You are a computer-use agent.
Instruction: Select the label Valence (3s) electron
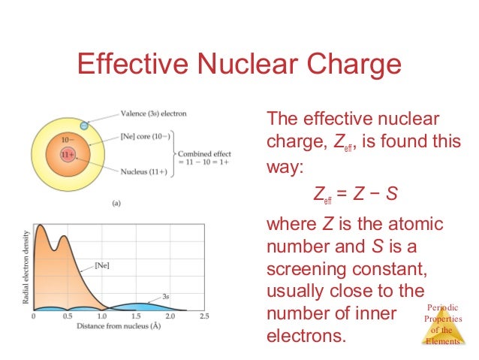(x=153, y=114)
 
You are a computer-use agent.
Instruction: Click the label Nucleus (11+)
(x=146, y=172)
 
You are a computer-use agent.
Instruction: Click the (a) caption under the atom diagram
(x=117, y=203)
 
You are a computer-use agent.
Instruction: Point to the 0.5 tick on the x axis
(x=68, y=316)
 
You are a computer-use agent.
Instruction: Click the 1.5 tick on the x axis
(x=136, y=316)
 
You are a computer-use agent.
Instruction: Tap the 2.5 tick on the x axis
(x=203, y=316)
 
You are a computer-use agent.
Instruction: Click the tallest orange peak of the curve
(x=41, y=227)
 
